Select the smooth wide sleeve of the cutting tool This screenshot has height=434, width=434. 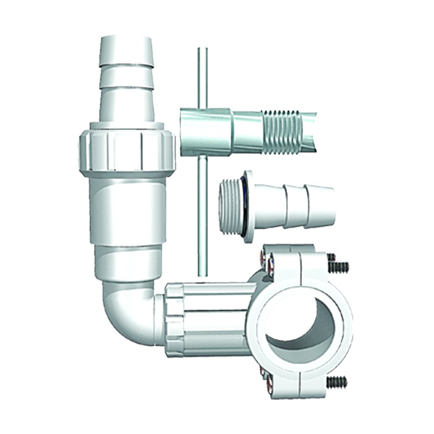[204, 130]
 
